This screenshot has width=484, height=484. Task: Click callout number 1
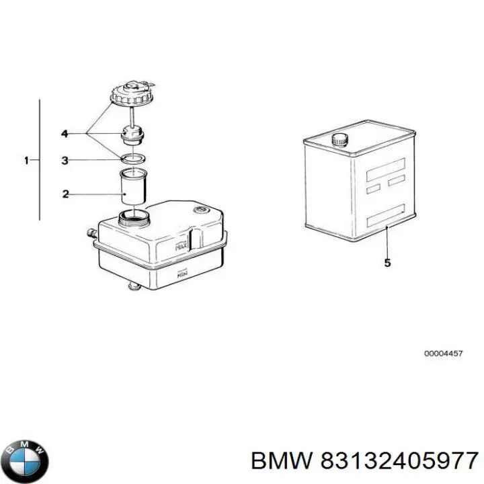tap(26, 161)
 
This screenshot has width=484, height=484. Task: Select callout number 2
tap(65, 194)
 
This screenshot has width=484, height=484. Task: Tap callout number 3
tap(65, 161)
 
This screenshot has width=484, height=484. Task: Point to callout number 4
tap(65, 134)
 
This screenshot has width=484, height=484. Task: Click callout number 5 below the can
tap(387, 263)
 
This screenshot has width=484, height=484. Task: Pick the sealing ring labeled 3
tap(132, 159)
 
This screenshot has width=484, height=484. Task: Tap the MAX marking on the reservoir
tap(179, 247)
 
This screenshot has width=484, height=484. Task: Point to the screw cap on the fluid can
tap(339, 140)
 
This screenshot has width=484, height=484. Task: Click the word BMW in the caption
tap(280, 460)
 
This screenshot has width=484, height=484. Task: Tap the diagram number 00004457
tap(442, 354)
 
